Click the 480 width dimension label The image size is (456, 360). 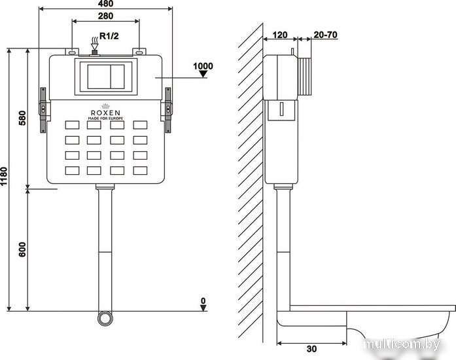106,3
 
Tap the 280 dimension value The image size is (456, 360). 105,16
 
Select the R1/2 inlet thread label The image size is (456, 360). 109,36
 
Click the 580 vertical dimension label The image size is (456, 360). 22,118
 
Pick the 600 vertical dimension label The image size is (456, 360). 22,249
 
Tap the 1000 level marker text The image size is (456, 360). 203,66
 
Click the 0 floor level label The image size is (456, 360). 203,300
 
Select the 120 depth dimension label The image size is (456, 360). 280,35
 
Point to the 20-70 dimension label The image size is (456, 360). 325,35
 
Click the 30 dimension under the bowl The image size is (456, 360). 311,349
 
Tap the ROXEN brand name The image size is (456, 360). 105,113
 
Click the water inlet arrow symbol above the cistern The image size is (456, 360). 94,44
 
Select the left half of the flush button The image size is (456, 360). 99,77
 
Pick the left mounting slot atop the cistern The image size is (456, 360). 72,52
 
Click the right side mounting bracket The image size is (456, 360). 167,110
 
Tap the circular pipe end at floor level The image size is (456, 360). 105,319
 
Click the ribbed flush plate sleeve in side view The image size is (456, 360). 305,77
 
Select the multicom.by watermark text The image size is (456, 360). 402,344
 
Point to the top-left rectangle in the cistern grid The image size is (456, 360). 72,125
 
